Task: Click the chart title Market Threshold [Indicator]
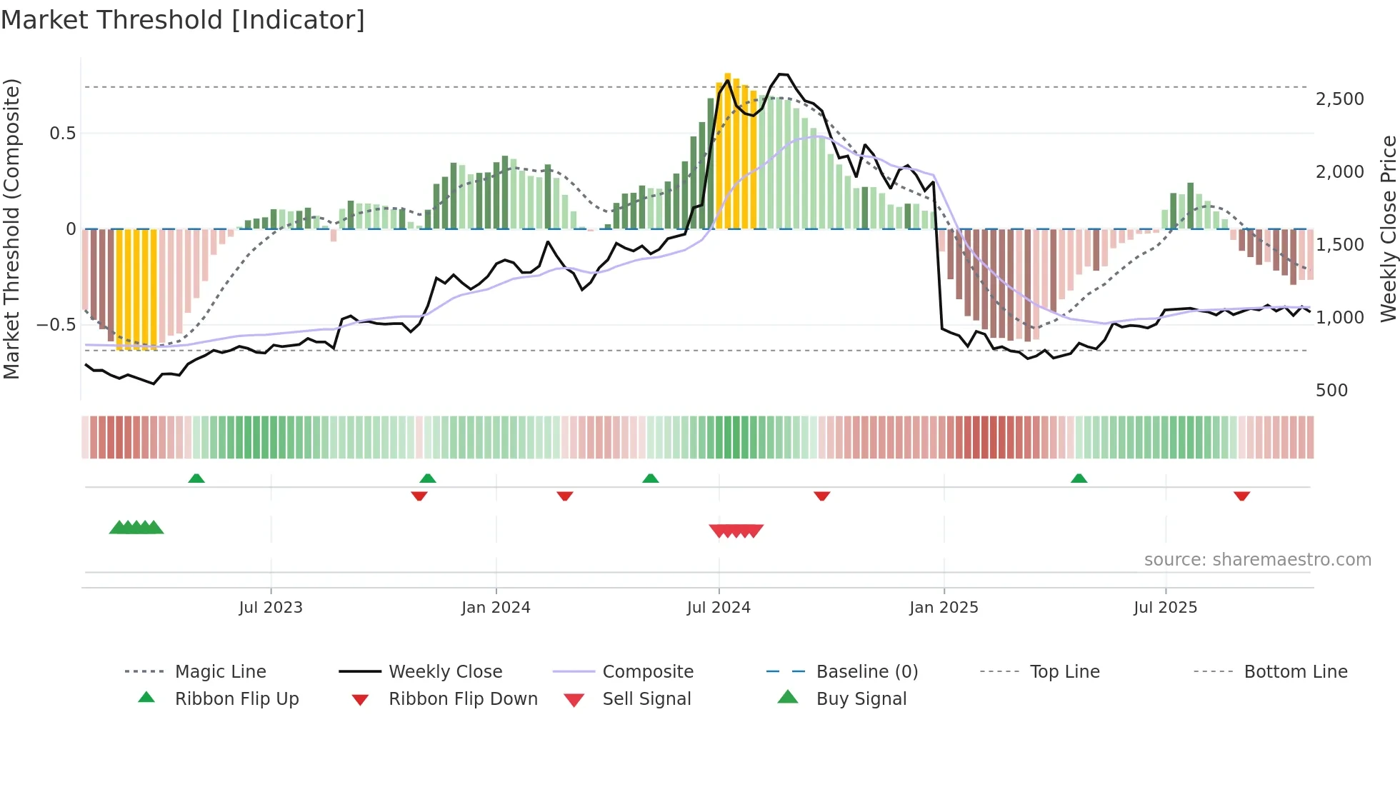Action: pyautogui.click(x=183, y=20)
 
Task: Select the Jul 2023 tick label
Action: pyautogui.click(x=271, y=608)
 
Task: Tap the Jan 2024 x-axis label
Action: pyautogui.click(x=496, y=608)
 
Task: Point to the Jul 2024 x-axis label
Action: pyautogui.click(x=719, y=608)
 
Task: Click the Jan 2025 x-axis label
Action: pyautogui.click(x=944, y=608)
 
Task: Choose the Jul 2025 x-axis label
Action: pyautogui.click(x=1165, y=608)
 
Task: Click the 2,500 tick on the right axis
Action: pyautogui.click(x=1339, y=99)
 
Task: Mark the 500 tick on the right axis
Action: pyautogui.click(x=1331, y=391)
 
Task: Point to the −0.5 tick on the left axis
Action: pyautogui.click(x=56, y=325)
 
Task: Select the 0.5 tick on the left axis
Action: pyautogui.click(x=63, y=134)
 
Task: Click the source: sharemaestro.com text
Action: pyautogui.click(x=1257, y=560)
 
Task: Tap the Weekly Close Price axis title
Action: pyautogui.click(x=1388, y=229)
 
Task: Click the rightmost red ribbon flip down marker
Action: pyautogui.click(x=1241, y=496)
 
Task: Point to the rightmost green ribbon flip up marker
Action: pyautogui.click(x=1079, y=478)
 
